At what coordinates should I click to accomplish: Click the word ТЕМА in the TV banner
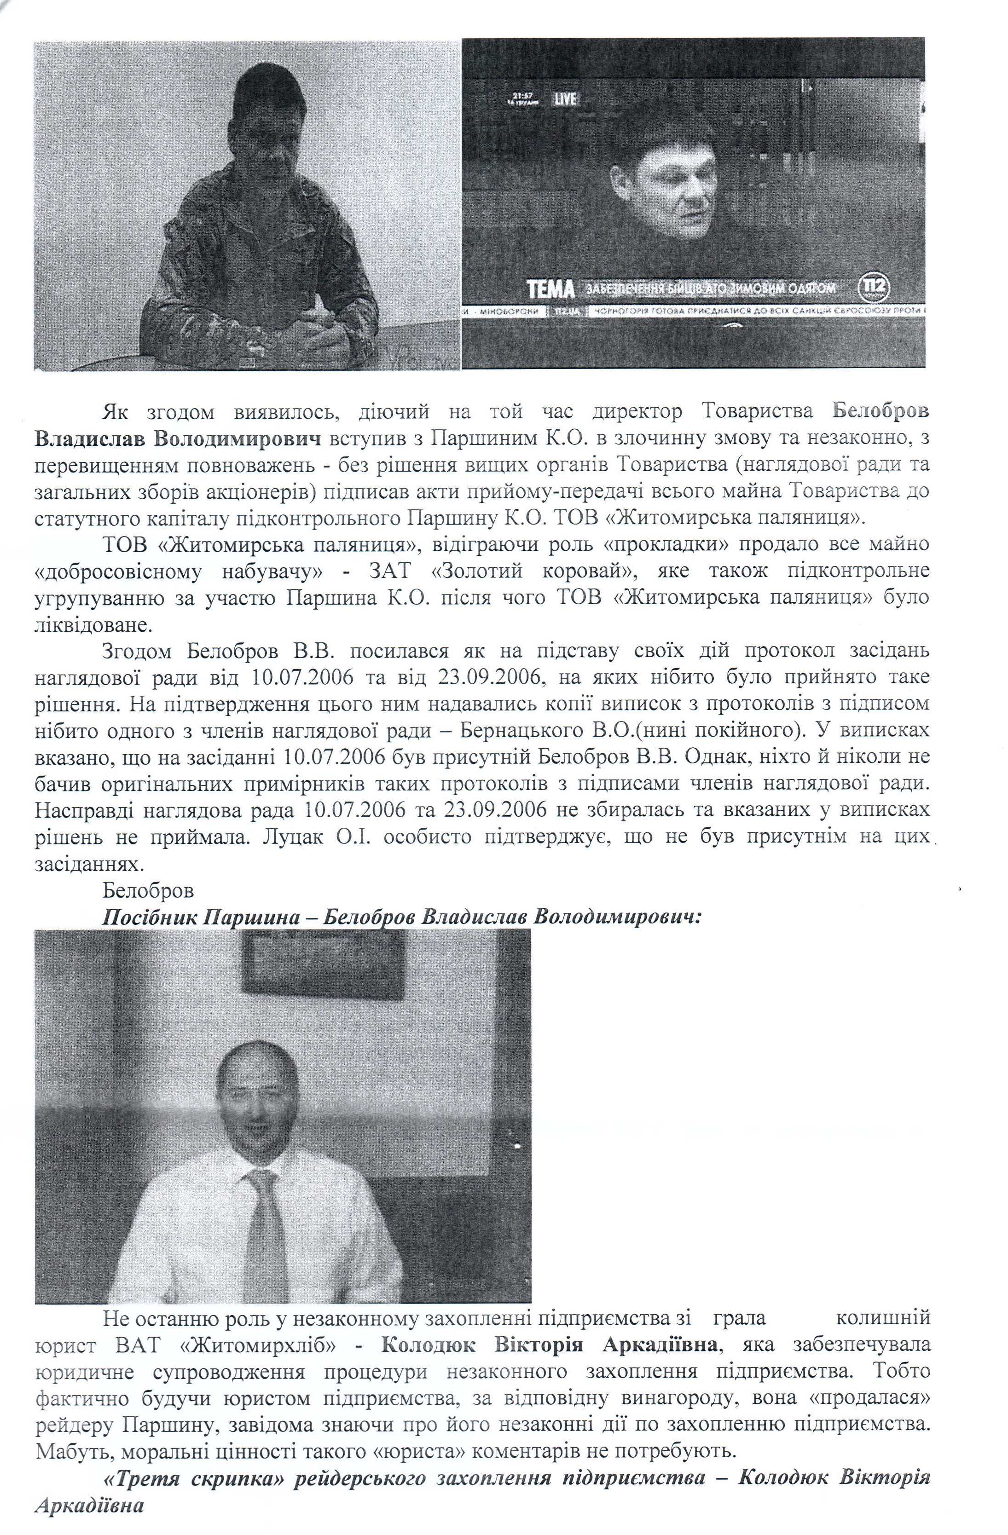click(550, 289)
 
